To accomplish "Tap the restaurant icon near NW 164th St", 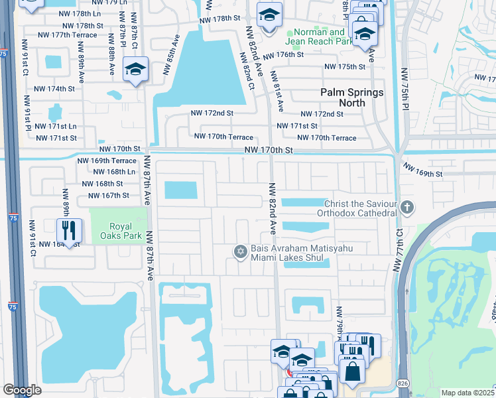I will (69, 230).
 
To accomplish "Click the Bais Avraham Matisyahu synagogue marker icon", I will (240, 251).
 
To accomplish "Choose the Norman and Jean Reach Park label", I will (319, 36).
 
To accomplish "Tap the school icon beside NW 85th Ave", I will (135, 70).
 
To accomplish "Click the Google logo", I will (22, 390).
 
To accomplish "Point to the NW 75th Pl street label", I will (405, 89).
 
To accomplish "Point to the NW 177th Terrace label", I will (67, 34).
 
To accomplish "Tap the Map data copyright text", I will (468, 393).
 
